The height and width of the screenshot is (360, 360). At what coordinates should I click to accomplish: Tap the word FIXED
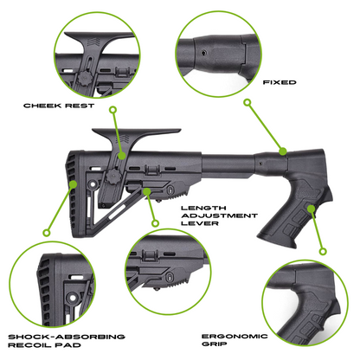279,83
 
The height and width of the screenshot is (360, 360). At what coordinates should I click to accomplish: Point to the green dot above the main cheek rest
112,110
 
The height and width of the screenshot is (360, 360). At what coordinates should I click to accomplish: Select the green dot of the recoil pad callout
45,232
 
